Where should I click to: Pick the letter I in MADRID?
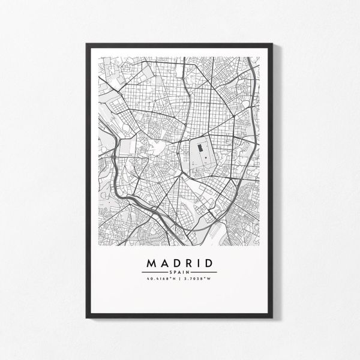[200, 264]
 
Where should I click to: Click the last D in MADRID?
[211, 264]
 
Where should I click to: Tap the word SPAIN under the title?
[180, 273]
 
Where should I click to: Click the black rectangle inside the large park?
[203, 154]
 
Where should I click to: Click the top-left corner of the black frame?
[88, 43]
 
